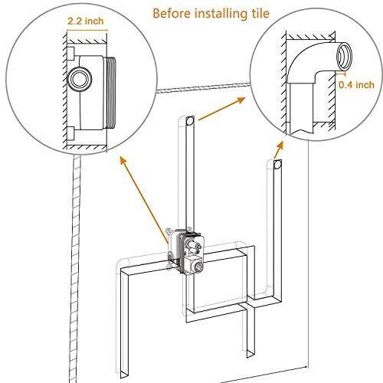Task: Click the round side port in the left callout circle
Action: pos(79,78)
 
